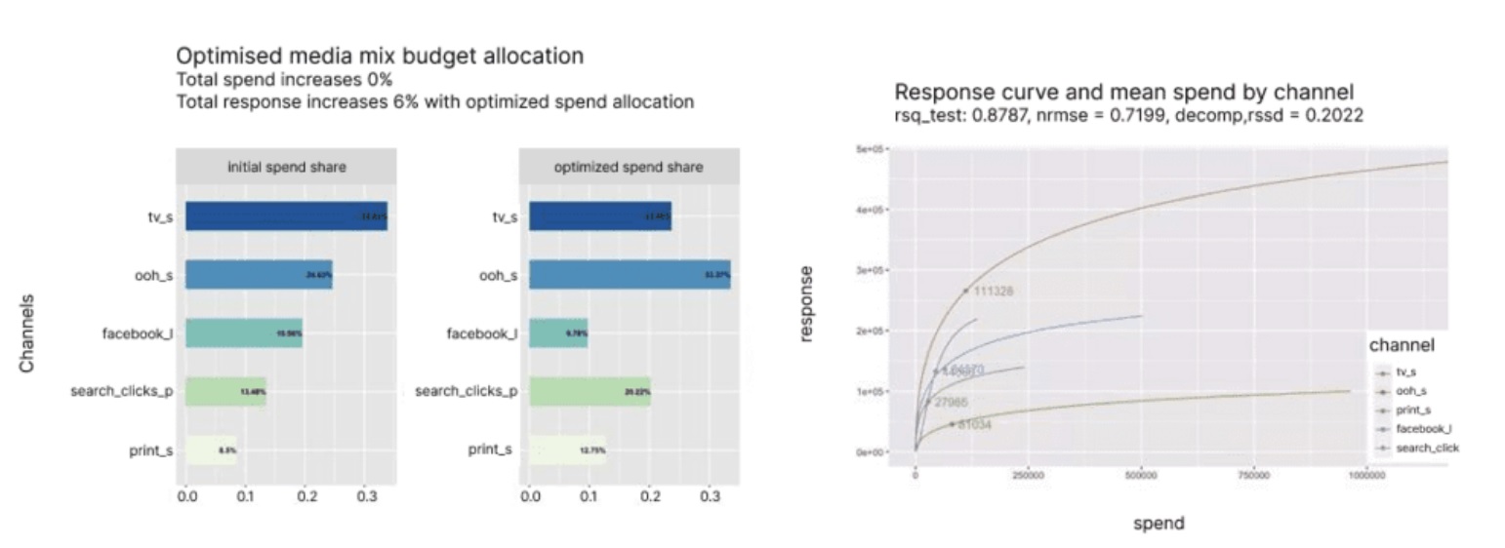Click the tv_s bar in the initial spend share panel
285,216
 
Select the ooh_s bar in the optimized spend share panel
629,275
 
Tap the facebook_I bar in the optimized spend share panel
557,333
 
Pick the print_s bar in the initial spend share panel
211,450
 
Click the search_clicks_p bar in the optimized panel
589,391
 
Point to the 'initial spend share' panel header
286,167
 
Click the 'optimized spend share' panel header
628,167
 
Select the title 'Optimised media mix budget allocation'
380,57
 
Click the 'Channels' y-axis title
28,333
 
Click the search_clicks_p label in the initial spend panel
121,392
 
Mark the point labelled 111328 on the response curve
966,291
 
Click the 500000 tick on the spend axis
1140,476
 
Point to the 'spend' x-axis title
1159,524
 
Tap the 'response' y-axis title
806,305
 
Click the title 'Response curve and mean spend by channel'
1123,93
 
